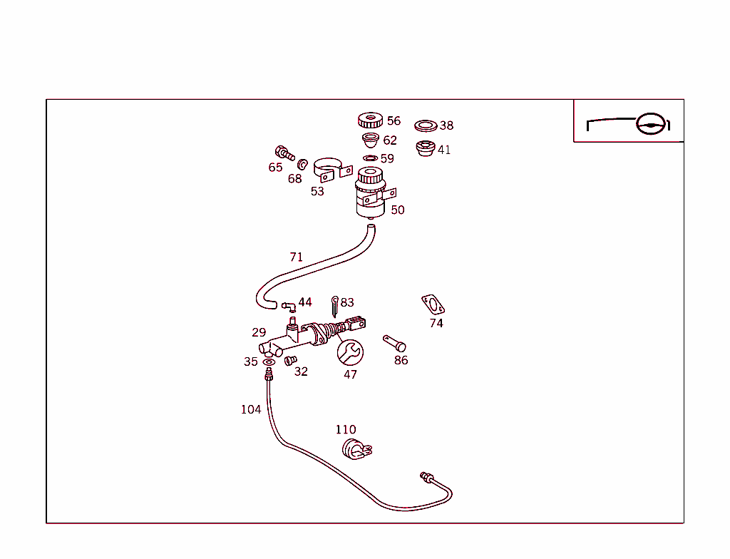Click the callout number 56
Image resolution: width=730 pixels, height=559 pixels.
point(394,120)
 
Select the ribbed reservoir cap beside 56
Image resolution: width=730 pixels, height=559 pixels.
point(371,120)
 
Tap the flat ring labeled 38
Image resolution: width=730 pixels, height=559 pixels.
point(426,125)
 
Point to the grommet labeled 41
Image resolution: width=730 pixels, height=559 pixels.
point(426,148)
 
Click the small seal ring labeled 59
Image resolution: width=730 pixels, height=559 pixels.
point(370,158)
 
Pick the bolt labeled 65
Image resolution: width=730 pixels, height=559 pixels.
point(284,153)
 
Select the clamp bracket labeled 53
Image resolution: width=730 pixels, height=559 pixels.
point(332,170)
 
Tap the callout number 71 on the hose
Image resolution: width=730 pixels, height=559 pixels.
point(296,257)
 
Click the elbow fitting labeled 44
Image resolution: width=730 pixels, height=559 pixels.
point(289,307)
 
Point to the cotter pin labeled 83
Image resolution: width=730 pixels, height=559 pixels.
point(335,306)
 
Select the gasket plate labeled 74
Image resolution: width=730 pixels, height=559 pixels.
point(433,304)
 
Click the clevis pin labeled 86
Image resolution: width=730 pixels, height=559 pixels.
point(394,344)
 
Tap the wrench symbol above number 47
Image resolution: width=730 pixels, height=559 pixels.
point(350,353)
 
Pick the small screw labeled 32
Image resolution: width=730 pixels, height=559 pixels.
point(291,360)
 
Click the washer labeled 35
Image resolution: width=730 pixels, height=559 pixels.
point(269,362)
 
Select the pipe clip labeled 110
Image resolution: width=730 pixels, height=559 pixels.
point(356,449)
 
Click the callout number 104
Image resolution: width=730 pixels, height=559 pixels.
point(251,409)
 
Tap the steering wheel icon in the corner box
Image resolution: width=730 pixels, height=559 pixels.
point(651,124)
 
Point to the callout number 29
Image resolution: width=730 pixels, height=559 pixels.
point(259,332)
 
